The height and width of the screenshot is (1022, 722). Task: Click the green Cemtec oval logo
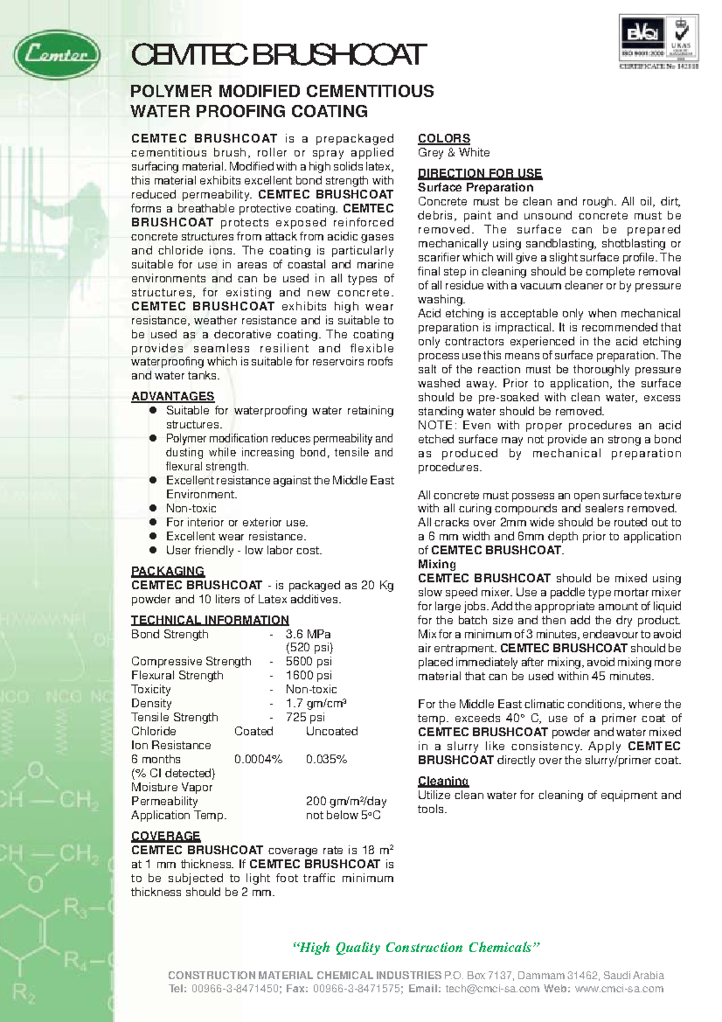point(57,55)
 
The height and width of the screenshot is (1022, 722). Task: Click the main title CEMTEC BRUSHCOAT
point(279,55)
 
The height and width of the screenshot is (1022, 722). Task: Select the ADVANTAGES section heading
point(173,396)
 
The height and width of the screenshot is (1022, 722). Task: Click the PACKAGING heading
point(168,571)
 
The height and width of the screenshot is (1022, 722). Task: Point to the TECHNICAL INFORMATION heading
point(210,620)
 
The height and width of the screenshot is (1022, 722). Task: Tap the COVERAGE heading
point(165,836)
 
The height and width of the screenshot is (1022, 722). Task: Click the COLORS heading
point(444,138)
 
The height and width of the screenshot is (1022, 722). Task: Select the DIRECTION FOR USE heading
point(480,173)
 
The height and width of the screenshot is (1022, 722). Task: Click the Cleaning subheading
point(443,781)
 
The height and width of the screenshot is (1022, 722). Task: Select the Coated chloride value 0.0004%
point(258,759)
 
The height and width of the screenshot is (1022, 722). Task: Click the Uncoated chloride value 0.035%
point(326,759)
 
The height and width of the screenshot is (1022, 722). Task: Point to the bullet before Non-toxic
point(153,508)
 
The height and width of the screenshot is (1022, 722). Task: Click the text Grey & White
point(454,152)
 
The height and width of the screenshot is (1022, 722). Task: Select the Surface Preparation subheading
point(475,187)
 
